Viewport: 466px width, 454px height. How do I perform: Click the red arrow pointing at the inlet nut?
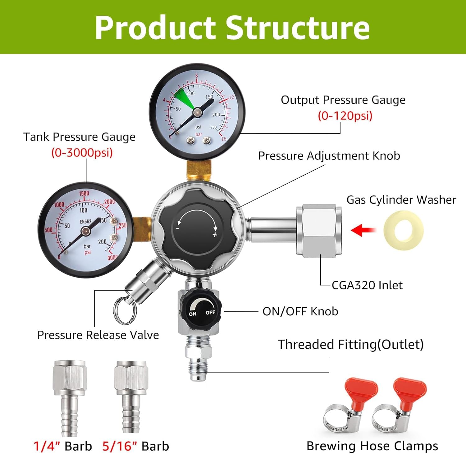pyautogui.click(x=363, y=230)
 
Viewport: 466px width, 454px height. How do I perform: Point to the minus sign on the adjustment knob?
pyautogui.click(x=177, y=228)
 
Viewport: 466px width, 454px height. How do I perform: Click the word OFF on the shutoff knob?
pyautogui.click(x=210, y=312)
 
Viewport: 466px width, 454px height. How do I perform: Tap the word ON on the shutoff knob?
pyautogui.click(x=193, y=314)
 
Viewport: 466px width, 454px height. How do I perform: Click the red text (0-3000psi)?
pyautogui.click(x=82, y=152)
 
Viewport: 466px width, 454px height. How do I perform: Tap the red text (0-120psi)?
pyautogui.click(x=345, y=116)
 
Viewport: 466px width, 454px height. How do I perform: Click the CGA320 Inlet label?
pyautogui.click(x=367, y=285)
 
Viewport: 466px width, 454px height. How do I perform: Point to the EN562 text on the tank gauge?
pyautogui.click(x=86, y=221)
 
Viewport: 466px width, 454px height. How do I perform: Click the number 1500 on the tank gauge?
pyautogui.click(x=84, y=194)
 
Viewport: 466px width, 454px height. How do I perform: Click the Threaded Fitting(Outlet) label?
pyautogui.click(x=350, y=344)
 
